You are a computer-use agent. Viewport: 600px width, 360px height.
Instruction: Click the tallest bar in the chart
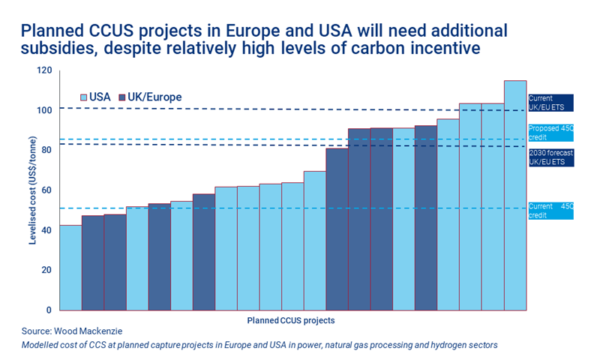(514, 195)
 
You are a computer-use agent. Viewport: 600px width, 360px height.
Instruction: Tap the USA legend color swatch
(84, 97)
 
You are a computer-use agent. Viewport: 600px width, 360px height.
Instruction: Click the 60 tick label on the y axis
(46, 190)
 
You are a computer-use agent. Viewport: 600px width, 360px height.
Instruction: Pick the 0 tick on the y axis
(49, 310)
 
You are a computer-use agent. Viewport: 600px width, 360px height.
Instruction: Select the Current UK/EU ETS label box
(550, 103)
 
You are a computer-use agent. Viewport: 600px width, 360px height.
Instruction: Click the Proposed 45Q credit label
(550, 133)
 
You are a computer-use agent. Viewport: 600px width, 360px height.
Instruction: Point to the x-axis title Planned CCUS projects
(290, 320)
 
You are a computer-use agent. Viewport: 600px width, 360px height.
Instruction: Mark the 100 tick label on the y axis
(44, 110)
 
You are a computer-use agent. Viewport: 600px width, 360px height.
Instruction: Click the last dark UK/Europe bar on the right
(425, 217)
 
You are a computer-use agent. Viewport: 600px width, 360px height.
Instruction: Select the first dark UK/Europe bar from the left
(92, 262)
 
